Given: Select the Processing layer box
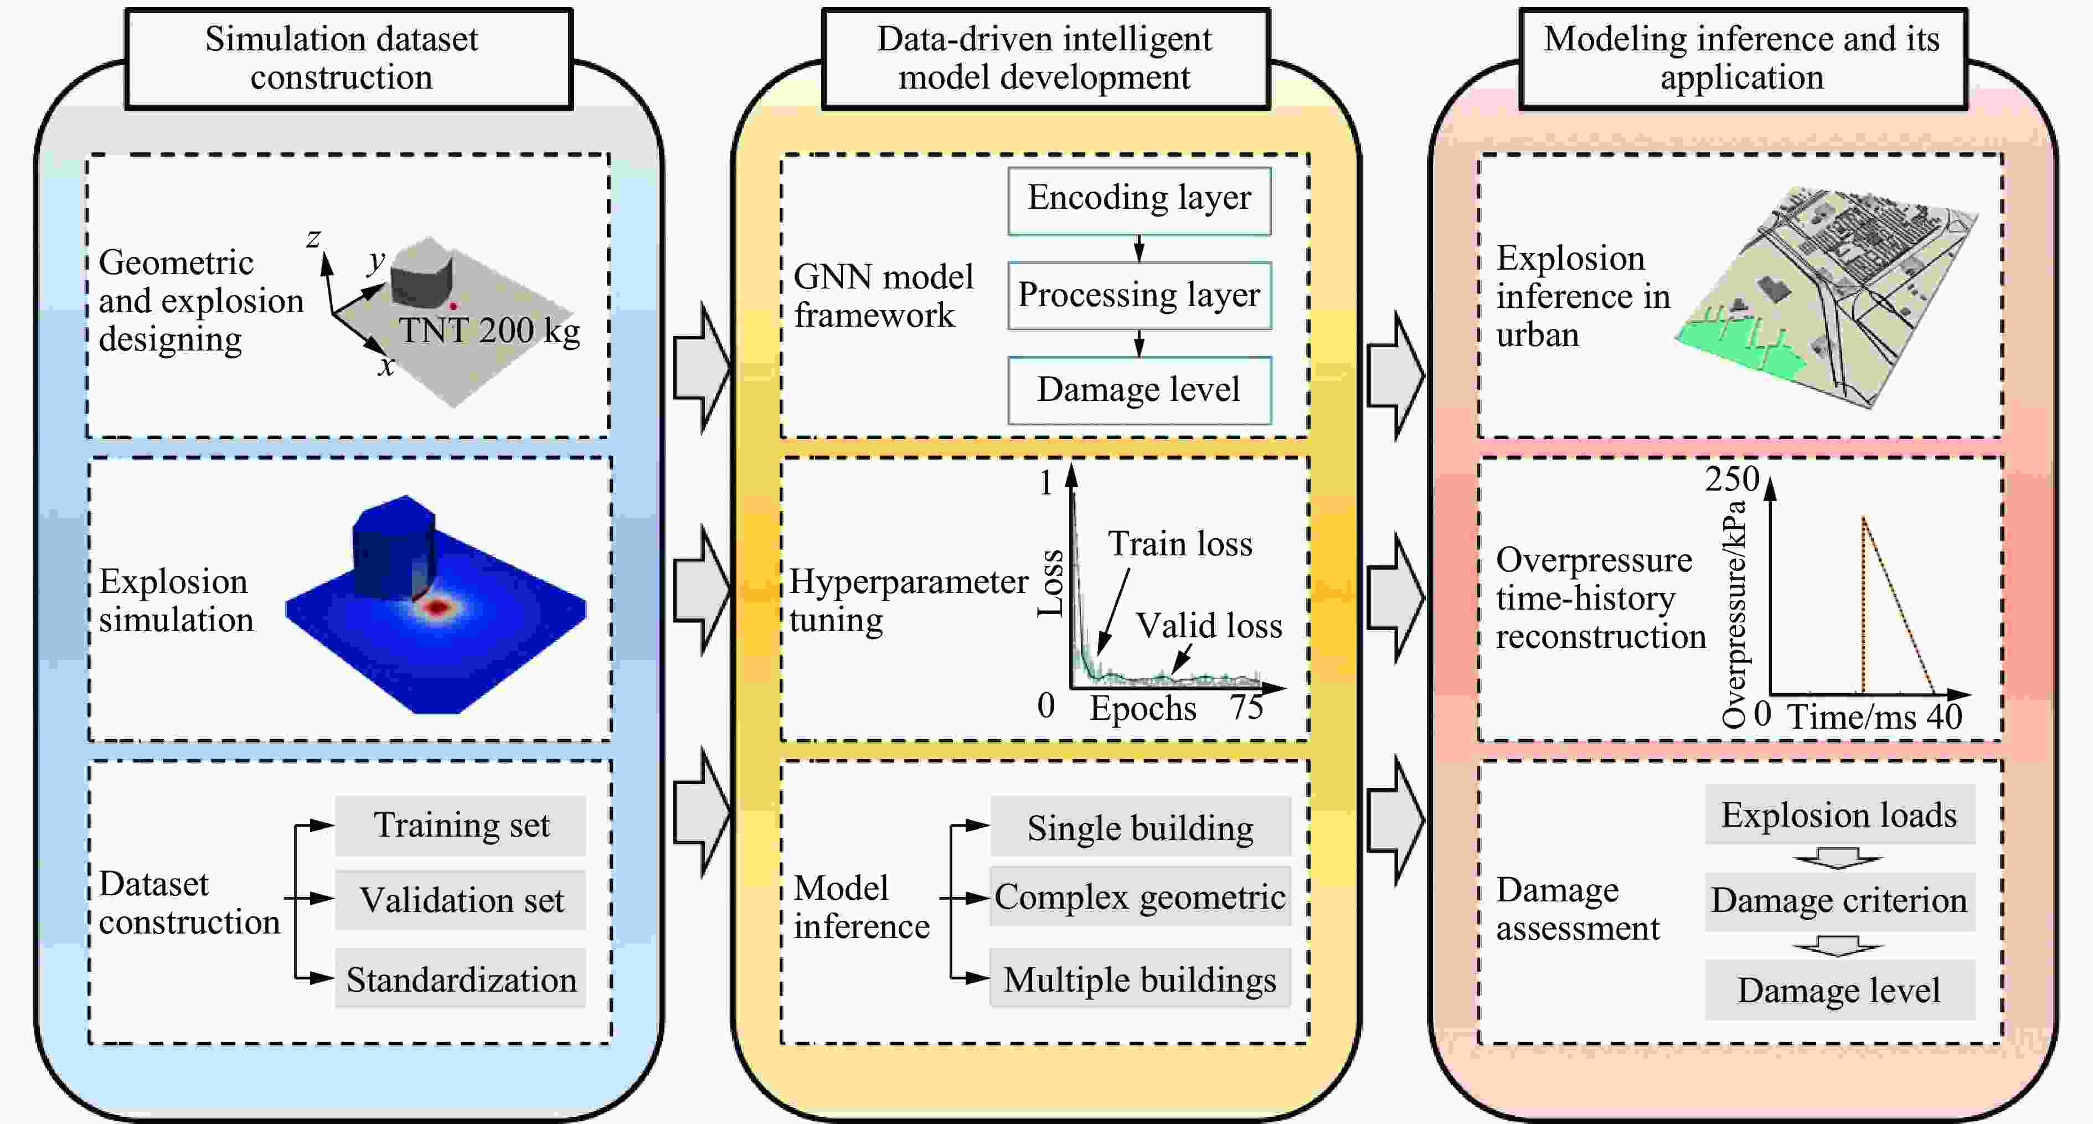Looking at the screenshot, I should coord(1139,295).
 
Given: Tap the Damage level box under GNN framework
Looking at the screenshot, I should coord(1139,390).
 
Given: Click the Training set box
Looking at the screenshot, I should coord(461,826).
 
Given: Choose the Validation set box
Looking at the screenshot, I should coord(461,900).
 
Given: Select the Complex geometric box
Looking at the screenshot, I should coord(1140,897).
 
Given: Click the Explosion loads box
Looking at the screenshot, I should coord(1839,815).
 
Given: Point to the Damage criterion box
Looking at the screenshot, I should coord(1839,900).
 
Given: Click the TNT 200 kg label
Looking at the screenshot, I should coord(489,331).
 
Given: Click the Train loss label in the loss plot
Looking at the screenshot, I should coord(1180,544).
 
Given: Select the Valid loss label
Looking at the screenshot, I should coord(1209,626).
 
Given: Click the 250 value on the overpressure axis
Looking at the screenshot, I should coord(1732,479).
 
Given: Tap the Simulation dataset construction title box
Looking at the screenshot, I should coord(349,59).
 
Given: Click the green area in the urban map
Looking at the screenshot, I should coord(1739,349).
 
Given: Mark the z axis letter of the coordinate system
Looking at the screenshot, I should coord(313,238).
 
